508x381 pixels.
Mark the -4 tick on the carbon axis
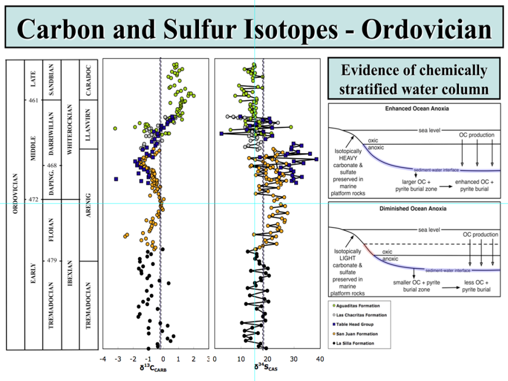tap(103, 359)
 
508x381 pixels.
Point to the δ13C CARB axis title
tap(154, 368)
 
